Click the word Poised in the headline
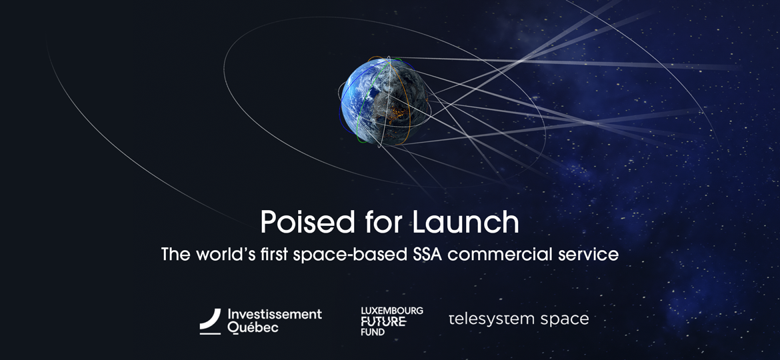coord(298,222)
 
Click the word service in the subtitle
coord(591,254)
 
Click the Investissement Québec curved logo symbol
coord(210,321)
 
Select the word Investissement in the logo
coord(275,313)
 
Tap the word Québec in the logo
coord(253,327)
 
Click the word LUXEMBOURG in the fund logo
coord(392,311)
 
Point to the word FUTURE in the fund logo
coord(383,321)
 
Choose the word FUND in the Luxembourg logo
coord(373,331)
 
